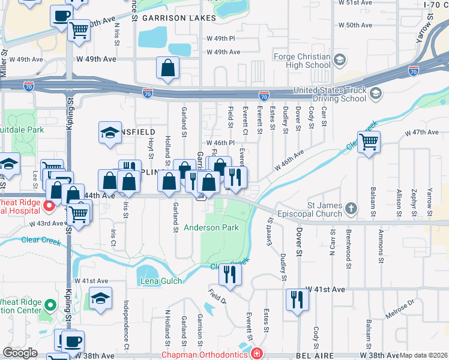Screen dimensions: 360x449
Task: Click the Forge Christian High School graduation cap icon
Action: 340,59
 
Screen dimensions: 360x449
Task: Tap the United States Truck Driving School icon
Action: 376,92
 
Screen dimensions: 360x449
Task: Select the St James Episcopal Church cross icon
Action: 351,209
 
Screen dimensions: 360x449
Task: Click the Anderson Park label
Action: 211,227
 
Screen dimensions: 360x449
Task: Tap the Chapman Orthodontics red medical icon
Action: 257,354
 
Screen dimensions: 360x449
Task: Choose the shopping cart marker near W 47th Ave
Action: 369,142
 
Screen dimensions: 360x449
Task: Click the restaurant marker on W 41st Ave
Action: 297,299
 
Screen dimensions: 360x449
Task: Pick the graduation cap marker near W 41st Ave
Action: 100,299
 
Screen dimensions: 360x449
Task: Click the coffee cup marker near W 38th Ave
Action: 73,341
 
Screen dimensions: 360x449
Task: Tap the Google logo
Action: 20,353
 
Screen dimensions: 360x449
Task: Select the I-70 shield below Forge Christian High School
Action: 264,95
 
